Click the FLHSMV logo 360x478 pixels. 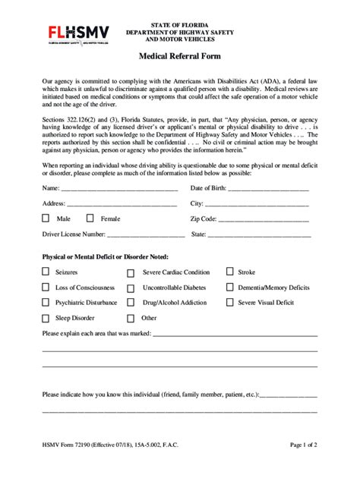point(78,34)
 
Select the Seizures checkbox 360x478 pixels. point(46,272)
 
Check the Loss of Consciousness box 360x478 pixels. point(46,288)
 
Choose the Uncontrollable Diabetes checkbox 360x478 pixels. point(131,288)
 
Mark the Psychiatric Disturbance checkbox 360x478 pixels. point(46,303)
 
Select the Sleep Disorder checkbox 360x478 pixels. point(46,318)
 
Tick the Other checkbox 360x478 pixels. point(131,319)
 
